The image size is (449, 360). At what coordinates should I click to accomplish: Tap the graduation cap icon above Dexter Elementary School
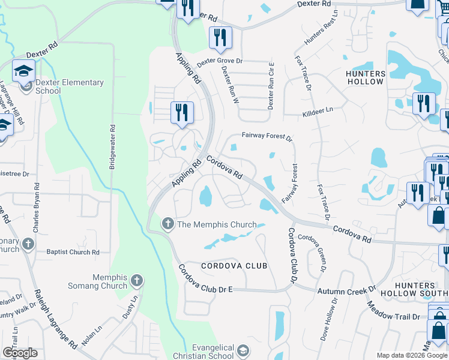[24, 71]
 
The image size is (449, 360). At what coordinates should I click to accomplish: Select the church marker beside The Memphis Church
[167, 224]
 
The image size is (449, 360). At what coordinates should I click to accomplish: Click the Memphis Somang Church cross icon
[137, 280]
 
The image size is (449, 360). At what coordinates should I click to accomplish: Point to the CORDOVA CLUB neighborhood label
[234, 266]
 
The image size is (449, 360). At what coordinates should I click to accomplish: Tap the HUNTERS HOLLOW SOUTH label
[423, 289]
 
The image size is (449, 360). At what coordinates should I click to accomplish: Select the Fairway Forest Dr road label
[267, 137]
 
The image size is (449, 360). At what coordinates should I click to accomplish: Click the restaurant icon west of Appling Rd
[181, 112]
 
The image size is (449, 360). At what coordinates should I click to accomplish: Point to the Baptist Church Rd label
[73, 252]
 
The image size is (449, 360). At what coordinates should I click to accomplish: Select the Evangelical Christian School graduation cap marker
[243, 350]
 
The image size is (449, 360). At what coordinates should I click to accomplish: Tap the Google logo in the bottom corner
[20, 353]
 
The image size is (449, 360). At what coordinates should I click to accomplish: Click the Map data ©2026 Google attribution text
[412, 355]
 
